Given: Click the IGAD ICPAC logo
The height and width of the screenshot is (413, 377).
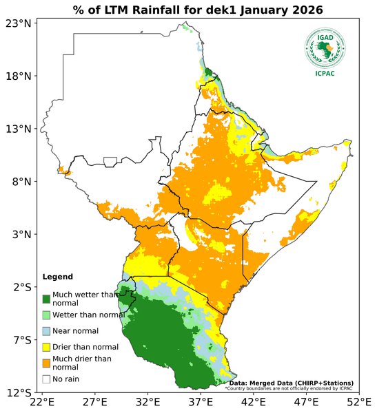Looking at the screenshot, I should (326, 52).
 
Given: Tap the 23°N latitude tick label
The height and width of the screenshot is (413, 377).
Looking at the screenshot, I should (19, 23).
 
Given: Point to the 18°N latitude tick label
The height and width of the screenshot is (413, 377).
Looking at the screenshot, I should (19, 76).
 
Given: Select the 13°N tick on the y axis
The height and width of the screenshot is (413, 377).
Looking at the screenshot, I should (19, 129).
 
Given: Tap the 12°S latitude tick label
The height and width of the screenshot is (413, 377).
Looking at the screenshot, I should (19, 392).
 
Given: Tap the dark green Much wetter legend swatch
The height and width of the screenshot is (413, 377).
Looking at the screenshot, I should (46, 299).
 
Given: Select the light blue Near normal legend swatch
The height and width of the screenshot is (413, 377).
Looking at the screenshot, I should (46, 331).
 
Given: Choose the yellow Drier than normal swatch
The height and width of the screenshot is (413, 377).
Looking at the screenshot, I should (46, 347).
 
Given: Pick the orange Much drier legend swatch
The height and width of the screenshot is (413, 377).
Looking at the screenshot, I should (46, 363).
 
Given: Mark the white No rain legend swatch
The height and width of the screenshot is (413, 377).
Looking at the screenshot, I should (46, 379).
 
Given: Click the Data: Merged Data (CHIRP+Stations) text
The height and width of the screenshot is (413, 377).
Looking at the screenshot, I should (291, 383).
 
